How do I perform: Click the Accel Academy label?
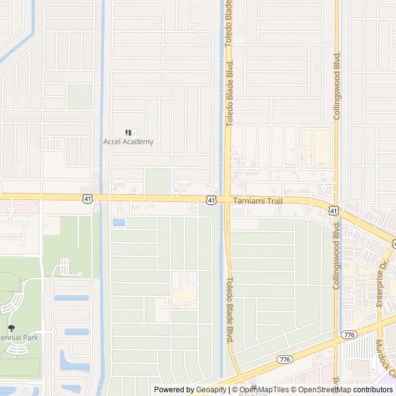128,142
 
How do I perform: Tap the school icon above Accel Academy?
128,132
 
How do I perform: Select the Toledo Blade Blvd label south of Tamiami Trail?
229,310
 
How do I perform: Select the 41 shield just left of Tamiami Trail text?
212,200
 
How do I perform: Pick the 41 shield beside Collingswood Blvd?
334,211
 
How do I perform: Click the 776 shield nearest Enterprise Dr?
350,334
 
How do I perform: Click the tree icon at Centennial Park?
11,328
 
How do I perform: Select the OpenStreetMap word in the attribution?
324,390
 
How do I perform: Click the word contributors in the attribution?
373,390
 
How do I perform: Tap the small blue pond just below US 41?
118,222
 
